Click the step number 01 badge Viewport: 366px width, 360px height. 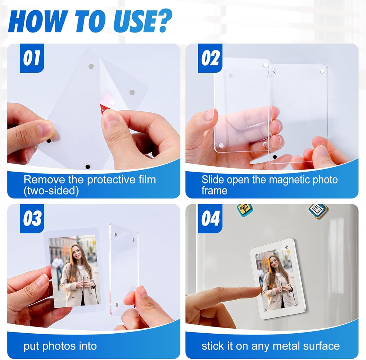point(32,58)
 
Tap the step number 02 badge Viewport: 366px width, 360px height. point(210,58)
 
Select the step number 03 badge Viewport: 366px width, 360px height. point(32,219)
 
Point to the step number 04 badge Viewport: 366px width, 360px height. point(210,219)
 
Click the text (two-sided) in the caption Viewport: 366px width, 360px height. point(51,191)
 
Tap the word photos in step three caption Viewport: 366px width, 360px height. point(59,346)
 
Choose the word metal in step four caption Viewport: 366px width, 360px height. point(286,346)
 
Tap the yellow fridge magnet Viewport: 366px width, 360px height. point(245,210)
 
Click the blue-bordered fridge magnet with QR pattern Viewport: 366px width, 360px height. point(318,211)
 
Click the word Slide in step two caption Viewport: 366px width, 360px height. point(213,180)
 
